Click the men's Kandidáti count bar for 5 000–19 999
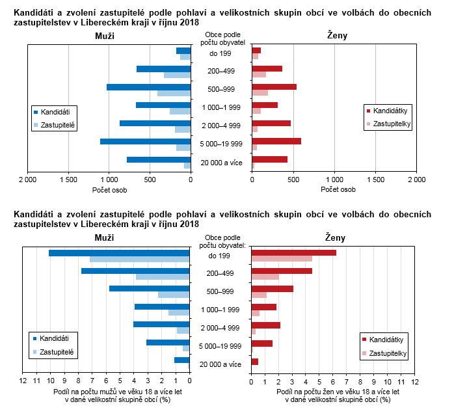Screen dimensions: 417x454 pyautogui.click(x=145, y=141)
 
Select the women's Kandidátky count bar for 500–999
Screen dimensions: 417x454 pyautogui.click(x=274, y=87)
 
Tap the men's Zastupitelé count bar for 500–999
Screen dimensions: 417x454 pyautogui.click(x=174, y=94)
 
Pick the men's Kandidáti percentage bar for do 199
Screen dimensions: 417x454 pyautogui.click(x=119, y=252)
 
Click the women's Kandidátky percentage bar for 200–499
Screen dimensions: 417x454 pyautogui.click(x=282, y=271)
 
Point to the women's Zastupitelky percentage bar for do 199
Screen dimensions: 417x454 pyautogui.click(x=282, y=259)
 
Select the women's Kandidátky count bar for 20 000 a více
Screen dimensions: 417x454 pyautogui.click(x=269, y=159)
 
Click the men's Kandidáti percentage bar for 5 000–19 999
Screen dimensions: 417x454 pyautogui.click(x=168, y=342)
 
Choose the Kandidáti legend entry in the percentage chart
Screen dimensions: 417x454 pyautogui.click(x=55, y=338)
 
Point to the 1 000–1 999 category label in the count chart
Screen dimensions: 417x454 pyautogui.click(x=221, y=107)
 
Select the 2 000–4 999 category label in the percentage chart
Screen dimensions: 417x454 pyautogui.click(x=221, y=328)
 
